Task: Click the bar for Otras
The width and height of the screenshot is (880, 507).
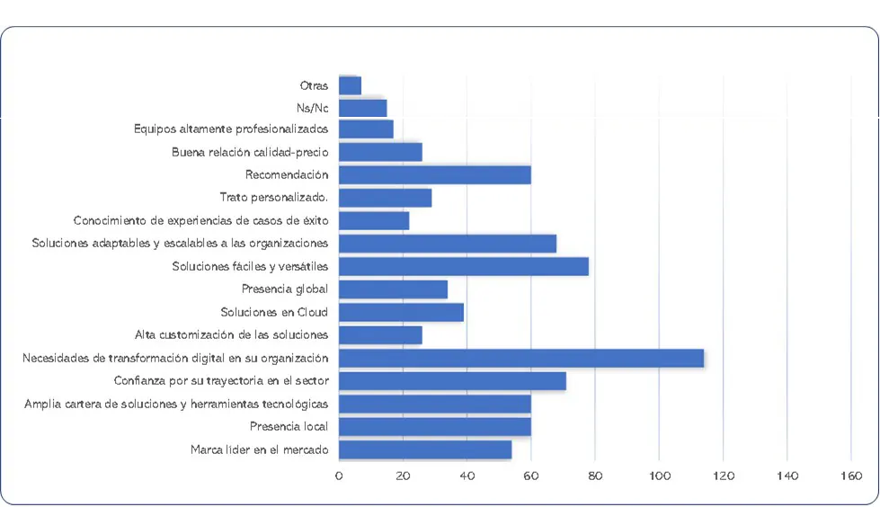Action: (x=350, y=85)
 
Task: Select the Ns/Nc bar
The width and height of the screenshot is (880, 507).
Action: (x=362, y=108)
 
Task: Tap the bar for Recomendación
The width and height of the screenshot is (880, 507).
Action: (x=434, y=175)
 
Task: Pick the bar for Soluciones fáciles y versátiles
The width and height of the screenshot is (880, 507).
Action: (x=463, y=266)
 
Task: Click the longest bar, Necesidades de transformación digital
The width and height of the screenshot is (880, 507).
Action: (x=520, y=358)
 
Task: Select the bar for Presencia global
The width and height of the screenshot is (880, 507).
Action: (x=393, y=289)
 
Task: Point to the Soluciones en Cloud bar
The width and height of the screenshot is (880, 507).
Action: (x=401, y=312)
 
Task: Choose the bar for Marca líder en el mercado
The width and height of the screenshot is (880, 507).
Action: (x=425, y=449)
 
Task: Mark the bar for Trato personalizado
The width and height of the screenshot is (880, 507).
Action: (x=385, y=198)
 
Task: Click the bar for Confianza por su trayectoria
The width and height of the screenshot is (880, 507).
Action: (x=452, y=381)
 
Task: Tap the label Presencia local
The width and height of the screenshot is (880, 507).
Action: (x=289, y=426)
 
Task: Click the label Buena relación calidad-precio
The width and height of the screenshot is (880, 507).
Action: (x=250, y=152)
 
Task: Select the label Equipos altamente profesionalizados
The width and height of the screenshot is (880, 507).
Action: (x=231, y=129)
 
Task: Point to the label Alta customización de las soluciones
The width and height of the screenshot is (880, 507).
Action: (x=231, y=335)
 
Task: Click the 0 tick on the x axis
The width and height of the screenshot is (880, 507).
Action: (x=339, y=476)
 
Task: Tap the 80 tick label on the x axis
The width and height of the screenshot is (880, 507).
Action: (x=595, y=476)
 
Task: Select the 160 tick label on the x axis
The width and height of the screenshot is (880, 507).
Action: (x=851, y=476)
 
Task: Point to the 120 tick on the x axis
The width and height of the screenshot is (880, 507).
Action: (x=723, y=476)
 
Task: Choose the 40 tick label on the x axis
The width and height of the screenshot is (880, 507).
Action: (x=467, y=476)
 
